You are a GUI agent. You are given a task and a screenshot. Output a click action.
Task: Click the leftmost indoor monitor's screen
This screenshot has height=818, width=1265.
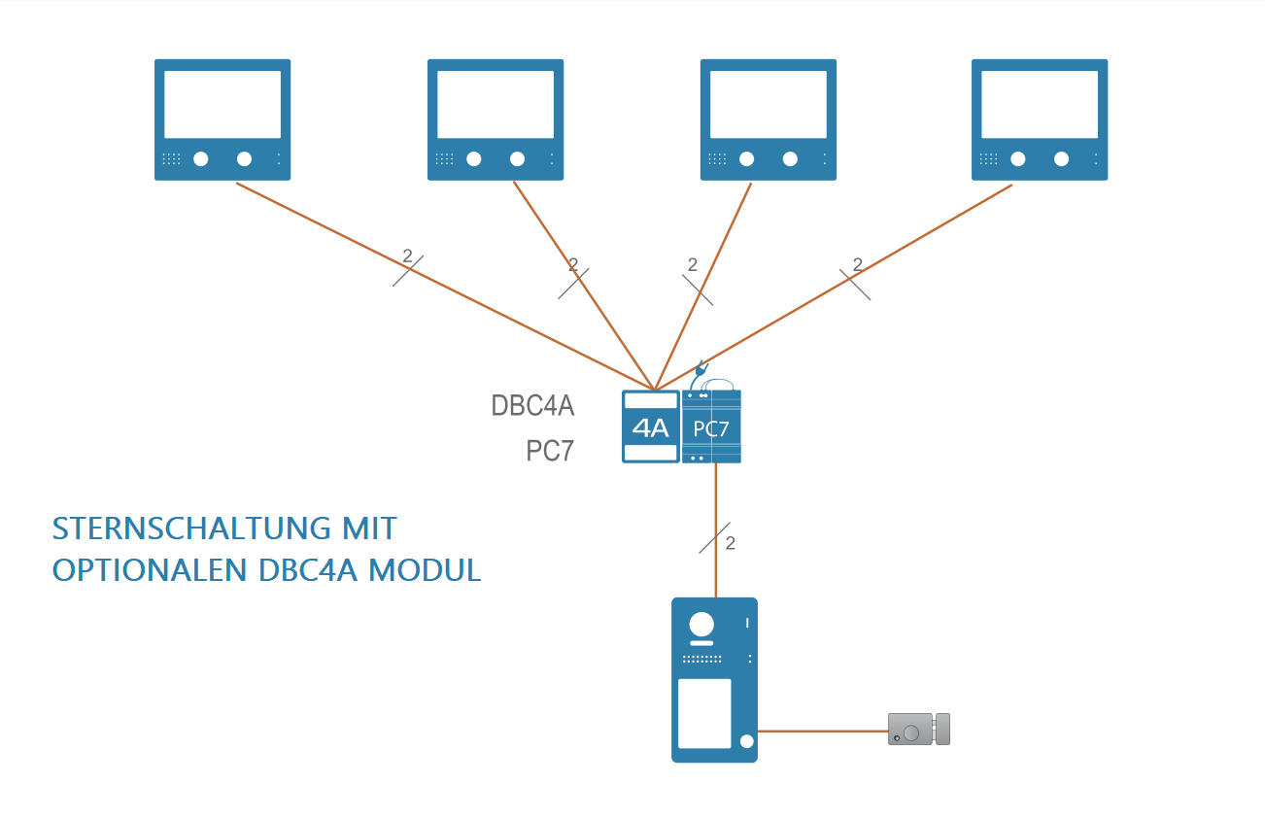point(222,103)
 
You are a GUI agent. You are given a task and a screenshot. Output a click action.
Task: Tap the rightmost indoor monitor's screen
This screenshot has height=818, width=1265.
point(1040,103)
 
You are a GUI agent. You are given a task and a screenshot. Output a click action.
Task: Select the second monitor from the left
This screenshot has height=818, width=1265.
point(496,119)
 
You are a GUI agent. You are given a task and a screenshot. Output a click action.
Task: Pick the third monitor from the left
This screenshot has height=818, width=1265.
point(769,119)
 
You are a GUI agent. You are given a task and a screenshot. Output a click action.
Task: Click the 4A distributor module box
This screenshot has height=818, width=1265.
point(651,426)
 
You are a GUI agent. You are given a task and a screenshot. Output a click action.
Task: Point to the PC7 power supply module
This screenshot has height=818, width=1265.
point(711,427)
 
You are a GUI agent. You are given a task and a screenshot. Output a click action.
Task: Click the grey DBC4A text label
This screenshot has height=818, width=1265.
point(532,405)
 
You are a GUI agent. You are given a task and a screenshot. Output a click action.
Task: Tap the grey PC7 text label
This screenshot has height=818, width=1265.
point(550,451)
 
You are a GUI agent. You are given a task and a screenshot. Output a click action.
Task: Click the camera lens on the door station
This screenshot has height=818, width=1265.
point(701,624)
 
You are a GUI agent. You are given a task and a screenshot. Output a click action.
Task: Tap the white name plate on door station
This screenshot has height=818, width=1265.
point(704,713)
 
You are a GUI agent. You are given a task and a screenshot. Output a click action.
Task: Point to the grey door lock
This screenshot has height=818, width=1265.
point(918,729)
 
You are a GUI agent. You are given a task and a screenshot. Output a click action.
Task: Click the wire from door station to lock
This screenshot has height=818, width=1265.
point(822,730)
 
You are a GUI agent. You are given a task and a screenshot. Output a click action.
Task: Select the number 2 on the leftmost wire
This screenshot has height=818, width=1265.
point(407,256)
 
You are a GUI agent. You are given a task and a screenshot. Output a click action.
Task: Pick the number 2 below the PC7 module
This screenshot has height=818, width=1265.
point(731,543)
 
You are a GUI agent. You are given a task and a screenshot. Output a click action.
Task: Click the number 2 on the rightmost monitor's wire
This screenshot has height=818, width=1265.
point(857,264)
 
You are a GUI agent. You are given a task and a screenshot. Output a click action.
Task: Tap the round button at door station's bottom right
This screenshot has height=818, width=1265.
point(746,742)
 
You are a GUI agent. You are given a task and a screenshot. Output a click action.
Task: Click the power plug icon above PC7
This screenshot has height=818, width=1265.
point(701,370)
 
